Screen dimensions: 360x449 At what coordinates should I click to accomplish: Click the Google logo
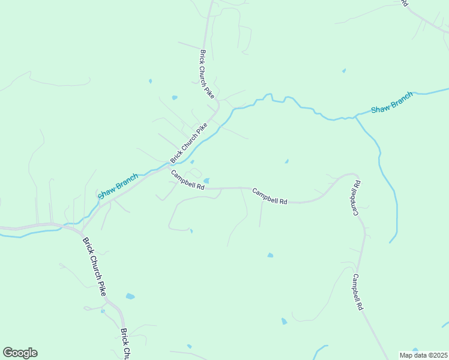[20, 353]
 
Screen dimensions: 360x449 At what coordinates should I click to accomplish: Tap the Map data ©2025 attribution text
[423, 355]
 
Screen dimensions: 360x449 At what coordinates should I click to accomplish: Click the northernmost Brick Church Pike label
[206, 73]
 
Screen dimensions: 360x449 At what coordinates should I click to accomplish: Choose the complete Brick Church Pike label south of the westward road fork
[94, 266]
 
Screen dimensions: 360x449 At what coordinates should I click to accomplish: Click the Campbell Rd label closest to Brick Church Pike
[187, 180]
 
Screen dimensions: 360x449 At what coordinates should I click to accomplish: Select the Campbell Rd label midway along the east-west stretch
[270, 197]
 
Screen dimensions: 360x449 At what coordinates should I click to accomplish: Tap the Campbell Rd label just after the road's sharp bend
[354, 197]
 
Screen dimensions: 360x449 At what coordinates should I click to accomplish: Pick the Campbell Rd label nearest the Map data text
[357, 292]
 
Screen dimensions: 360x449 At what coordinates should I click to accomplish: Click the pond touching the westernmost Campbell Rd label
[206, 181]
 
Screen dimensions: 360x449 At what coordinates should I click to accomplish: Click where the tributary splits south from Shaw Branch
[355, 117]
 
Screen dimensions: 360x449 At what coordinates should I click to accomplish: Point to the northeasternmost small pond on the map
[344, 71]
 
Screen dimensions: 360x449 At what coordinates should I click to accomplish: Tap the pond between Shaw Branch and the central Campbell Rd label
[286, 161]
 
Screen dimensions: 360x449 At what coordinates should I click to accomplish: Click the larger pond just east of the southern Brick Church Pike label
[130, 296]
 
